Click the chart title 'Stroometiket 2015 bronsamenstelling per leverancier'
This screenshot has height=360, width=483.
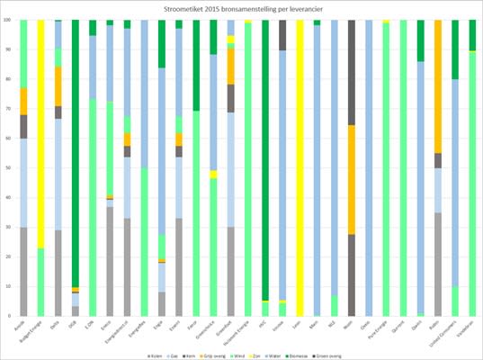241,8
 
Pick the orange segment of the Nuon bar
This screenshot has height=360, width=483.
351,179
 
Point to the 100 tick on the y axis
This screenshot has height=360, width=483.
9,20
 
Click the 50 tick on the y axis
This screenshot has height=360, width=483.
10,168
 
